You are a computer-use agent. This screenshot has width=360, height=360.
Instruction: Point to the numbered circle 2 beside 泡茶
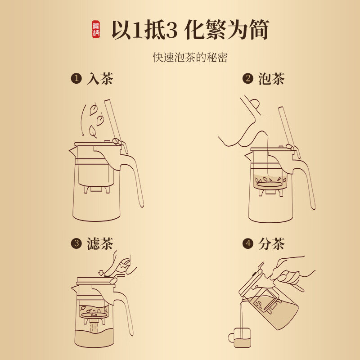coord(248,79)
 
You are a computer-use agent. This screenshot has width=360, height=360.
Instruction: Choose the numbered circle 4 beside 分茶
coord(248,244)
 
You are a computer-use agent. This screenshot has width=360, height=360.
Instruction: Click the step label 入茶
coord(99,79)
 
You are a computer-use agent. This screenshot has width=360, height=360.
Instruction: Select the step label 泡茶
coord(271,79)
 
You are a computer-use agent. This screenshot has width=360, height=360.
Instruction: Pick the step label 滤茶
coord(99,244)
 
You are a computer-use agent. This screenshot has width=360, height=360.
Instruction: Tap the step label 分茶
coord(271,244)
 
